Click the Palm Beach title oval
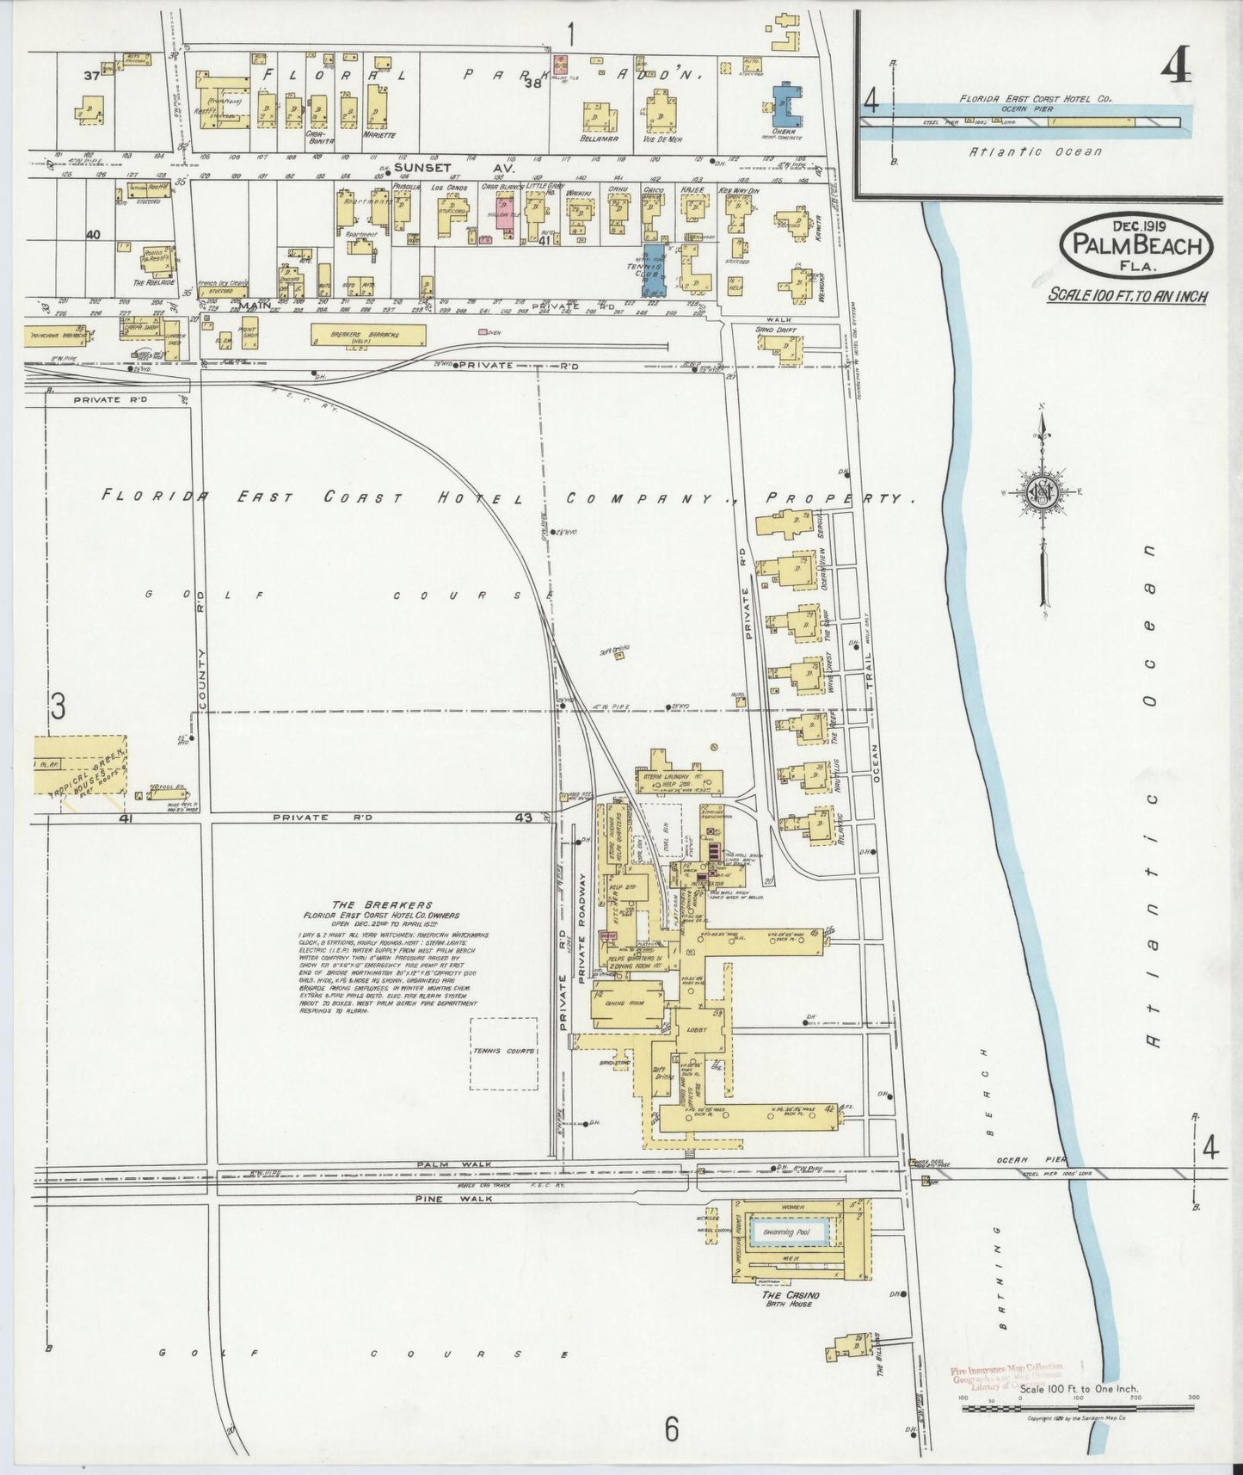pos(1136,246)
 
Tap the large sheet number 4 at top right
pos(1176,66)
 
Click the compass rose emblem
pos(1042,493)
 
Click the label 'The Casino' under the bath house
pos(790,1294)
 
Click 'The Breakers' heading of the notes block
pos(381,904)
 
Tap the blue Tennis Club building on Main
pos(654,280)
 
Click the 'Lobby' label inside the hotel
pos(697,1030)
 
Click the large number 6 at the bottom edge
pos(670,1429)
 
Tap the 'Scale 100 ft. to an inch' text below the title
pos(1127,296)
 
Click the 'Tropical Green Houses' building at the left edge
pos(82,764)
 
